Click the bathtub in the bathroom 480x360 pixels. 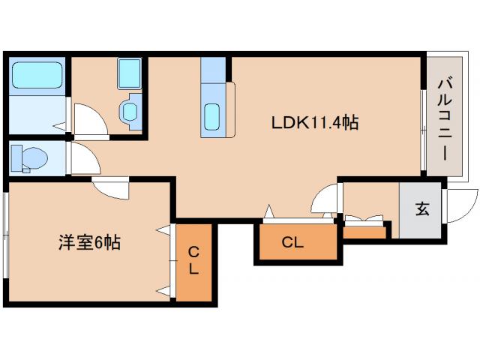coord(36,76)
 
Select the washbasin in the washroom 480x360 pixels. coord(130,112)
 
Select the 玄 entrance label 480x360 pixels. coord(422,210)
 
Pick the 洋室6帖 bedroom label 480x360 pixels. coord(89,242)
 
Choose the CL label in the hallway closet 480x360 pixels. coord(292,242)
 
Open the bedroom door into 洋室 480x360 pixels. coord(111,187)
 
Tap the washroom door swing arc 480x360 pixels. coord(84,120)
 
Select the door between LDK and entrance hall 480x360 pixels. coord(325,200)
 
